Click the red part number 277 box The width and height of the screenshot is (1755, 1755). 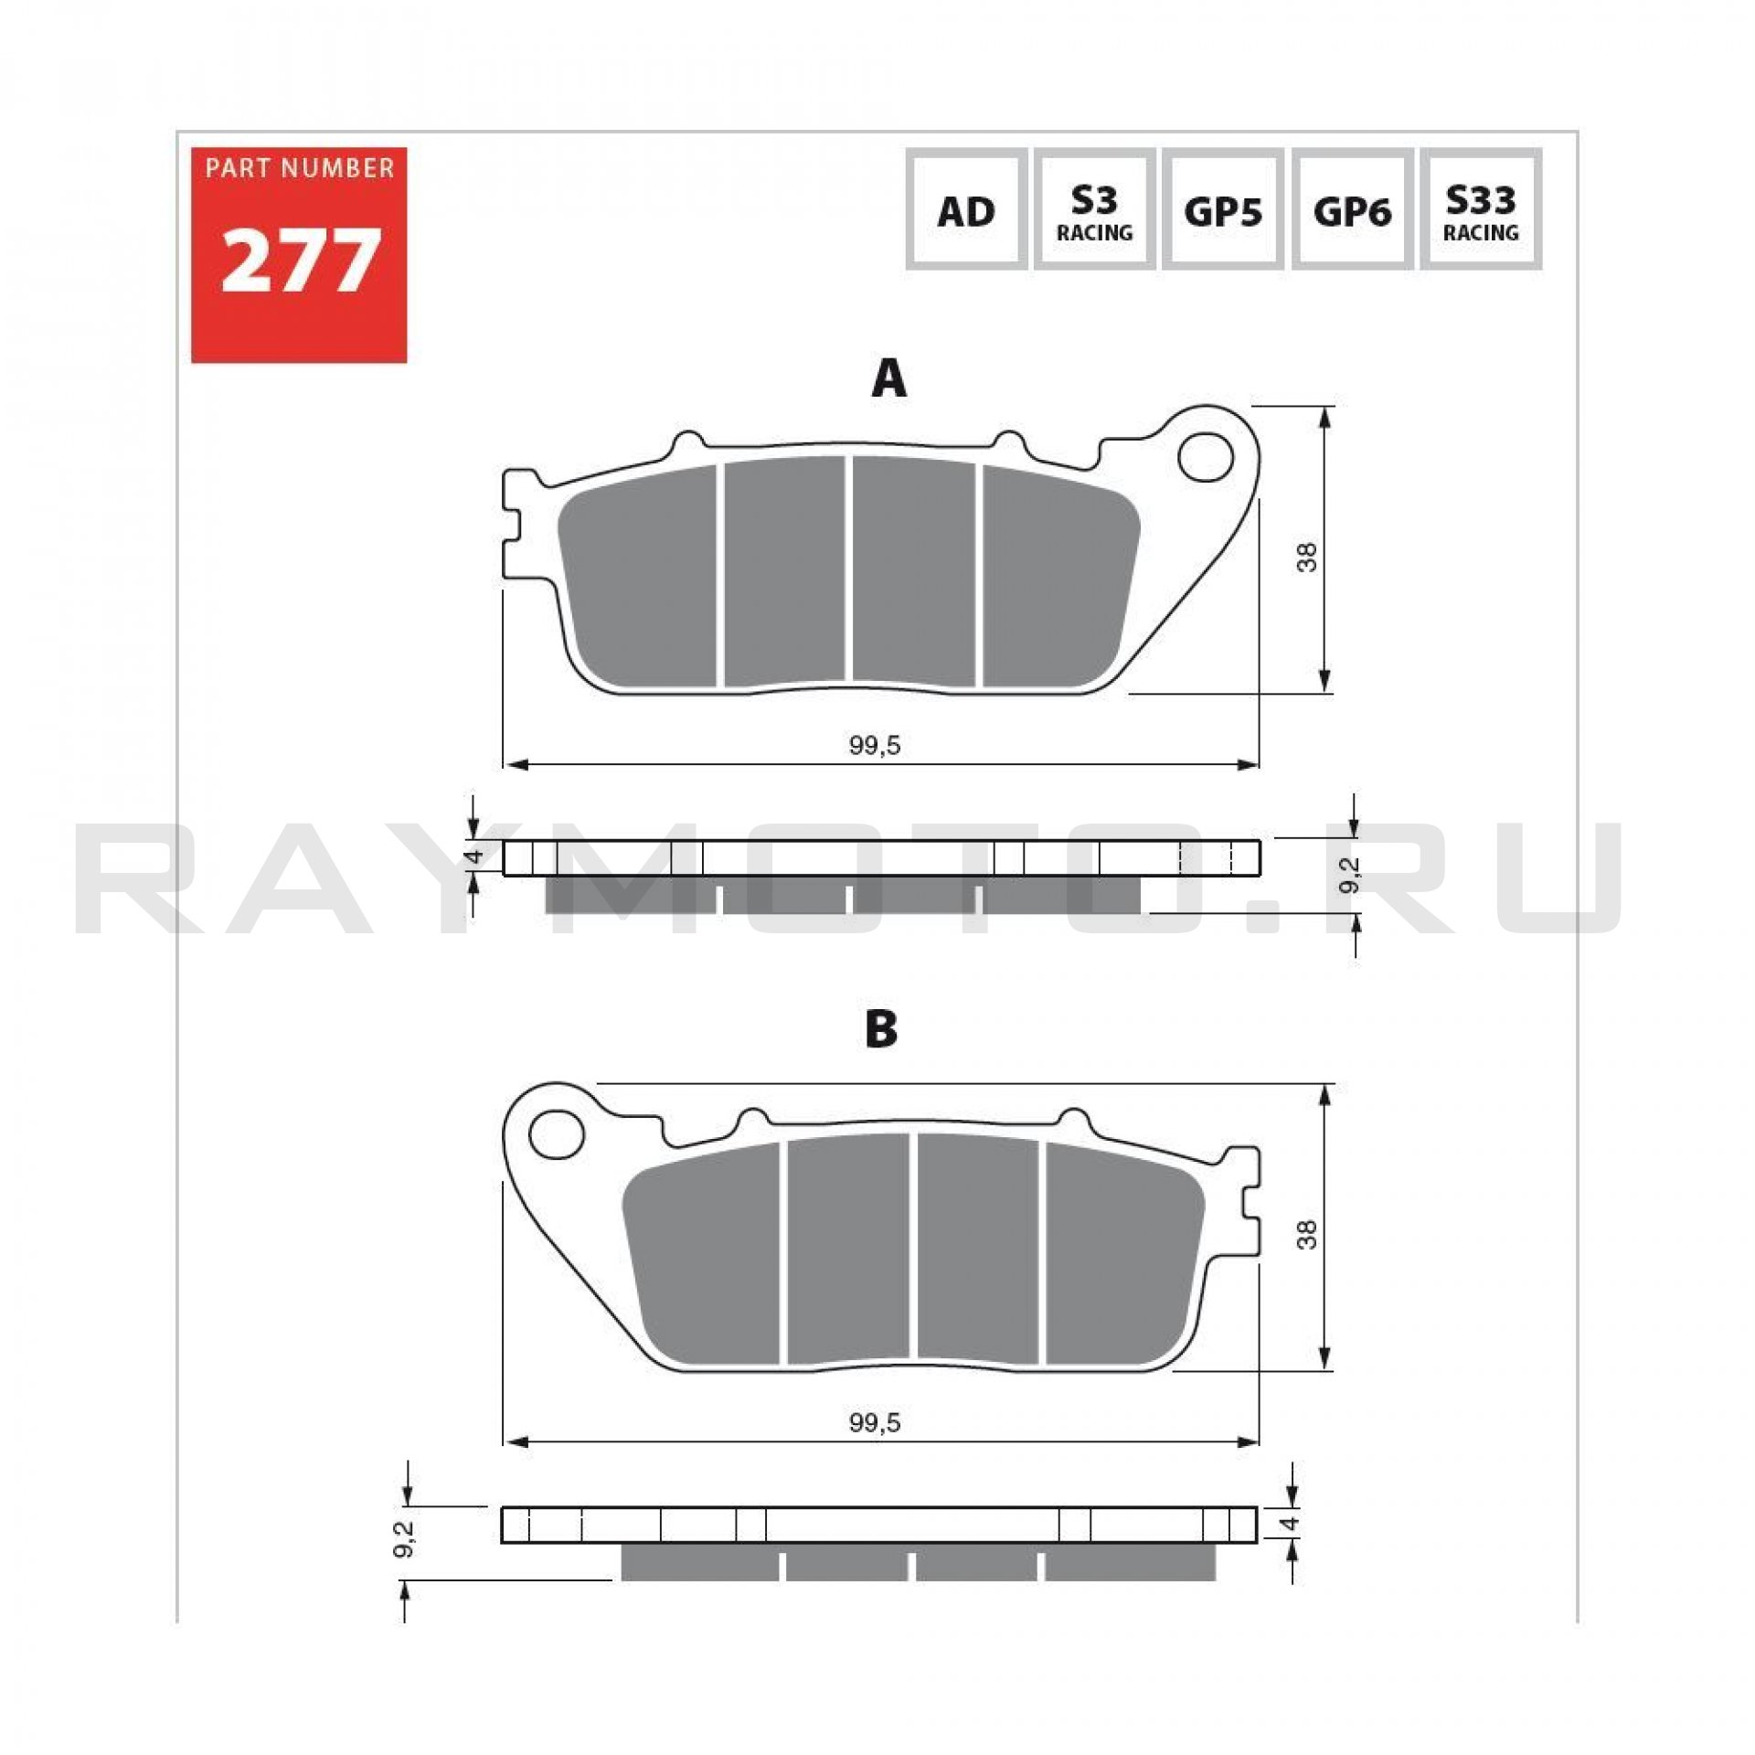[299, 255]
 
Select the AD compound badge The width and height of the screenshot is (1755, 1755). [966, 209]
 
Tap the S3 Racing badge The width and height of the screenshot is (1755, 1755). [1094, 209]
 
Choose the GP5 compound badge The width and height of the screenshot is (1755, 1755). [1223, 209]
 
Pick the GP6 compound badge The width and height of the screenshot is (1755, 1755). [1352, 209]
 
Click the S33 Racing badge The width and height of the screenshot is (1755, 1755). [1481, 209]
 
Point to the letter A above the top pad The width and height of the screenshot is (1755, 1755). [888, 378]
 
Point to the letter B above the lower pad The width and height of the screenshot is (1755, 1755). [881, 1028]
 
